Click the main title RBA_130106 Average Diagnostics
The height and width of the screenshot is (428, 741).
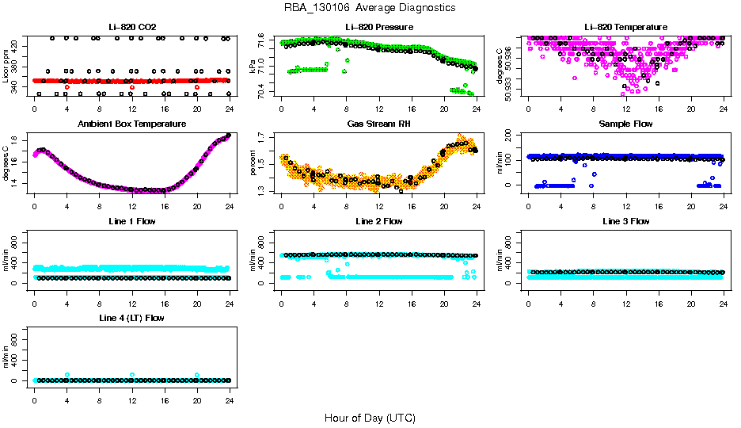coord(370,7)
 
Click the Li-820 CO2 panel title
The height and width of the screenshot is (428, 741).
coord(131,27)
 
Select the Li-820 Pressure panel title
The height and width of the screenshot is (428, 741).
coord(378,27)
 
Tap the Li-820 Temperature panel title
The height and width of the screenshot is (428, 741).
coord(625,27)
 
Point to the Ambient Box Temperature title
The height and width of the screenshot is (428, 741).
coord(131,124)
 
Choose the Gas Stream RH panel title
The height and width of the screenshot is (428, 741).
coord(378,124)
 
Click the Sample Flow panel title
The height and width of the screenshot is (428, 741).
coord(625,124)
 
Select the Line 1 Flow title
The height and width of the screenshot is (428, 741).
coord(131,221)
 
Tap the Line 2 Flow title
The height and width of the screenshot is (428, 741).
coord(378,221)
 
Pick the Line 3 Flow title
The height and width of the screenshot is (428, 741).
coord(625,221)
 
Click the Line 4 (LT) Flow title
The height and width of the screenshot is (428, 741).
coord(131,318)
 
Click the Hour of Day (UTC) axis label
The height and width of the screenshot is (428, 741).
coord(370,418)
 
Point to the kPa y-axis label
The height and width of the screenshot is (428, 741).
coord(253,67)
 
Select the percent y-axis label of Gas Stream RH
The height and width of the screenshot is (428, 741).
coord(253,163)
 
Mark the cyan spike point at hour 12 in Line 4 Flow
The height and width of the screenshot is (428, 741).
coord(132,374)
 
